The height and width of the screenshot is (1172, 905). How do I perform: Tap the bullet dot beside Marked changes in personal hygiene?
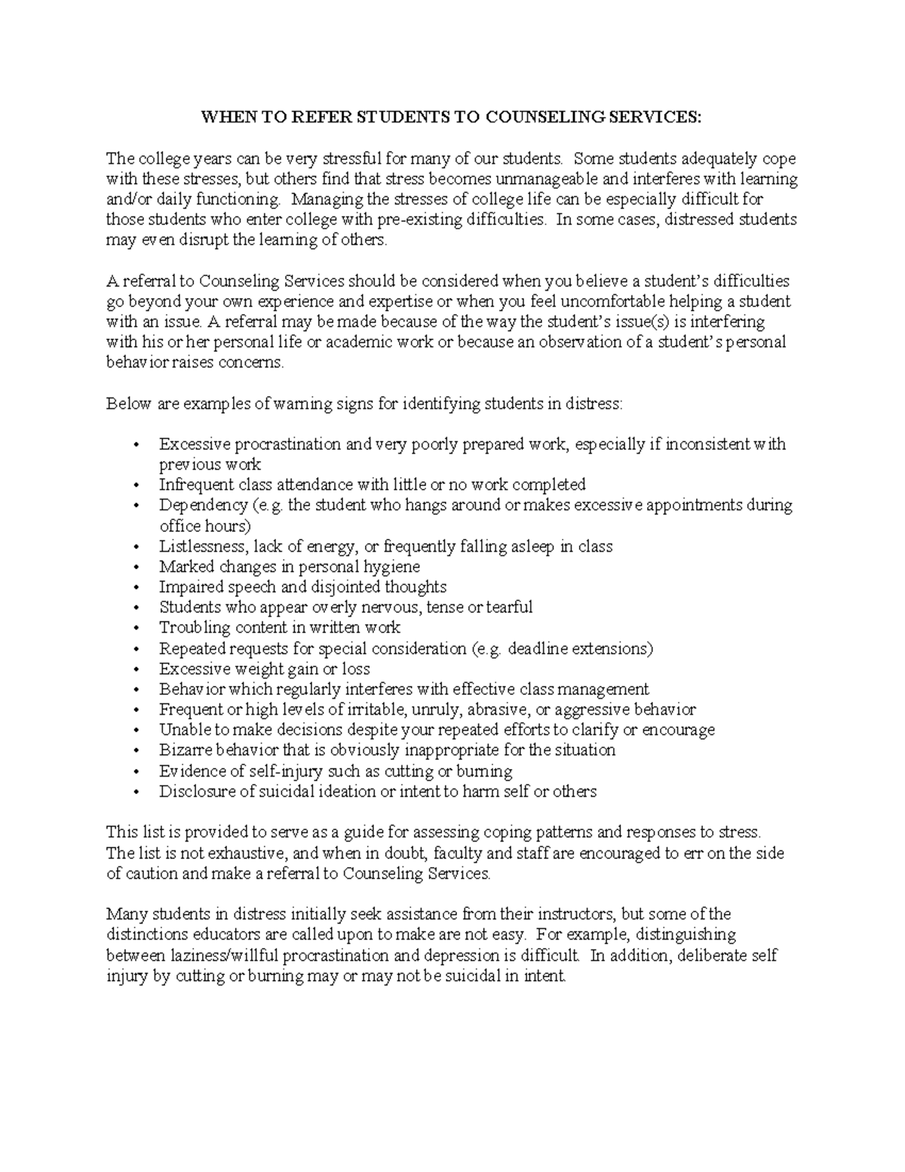136,567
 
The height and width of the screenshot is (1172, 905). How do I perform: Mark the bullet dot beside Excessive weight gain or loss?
136,669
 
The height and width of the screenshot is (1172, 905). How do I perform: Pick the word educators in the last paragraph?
210,934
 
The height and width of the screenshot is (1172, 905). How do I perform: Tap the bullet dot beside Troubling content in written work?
136,628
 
